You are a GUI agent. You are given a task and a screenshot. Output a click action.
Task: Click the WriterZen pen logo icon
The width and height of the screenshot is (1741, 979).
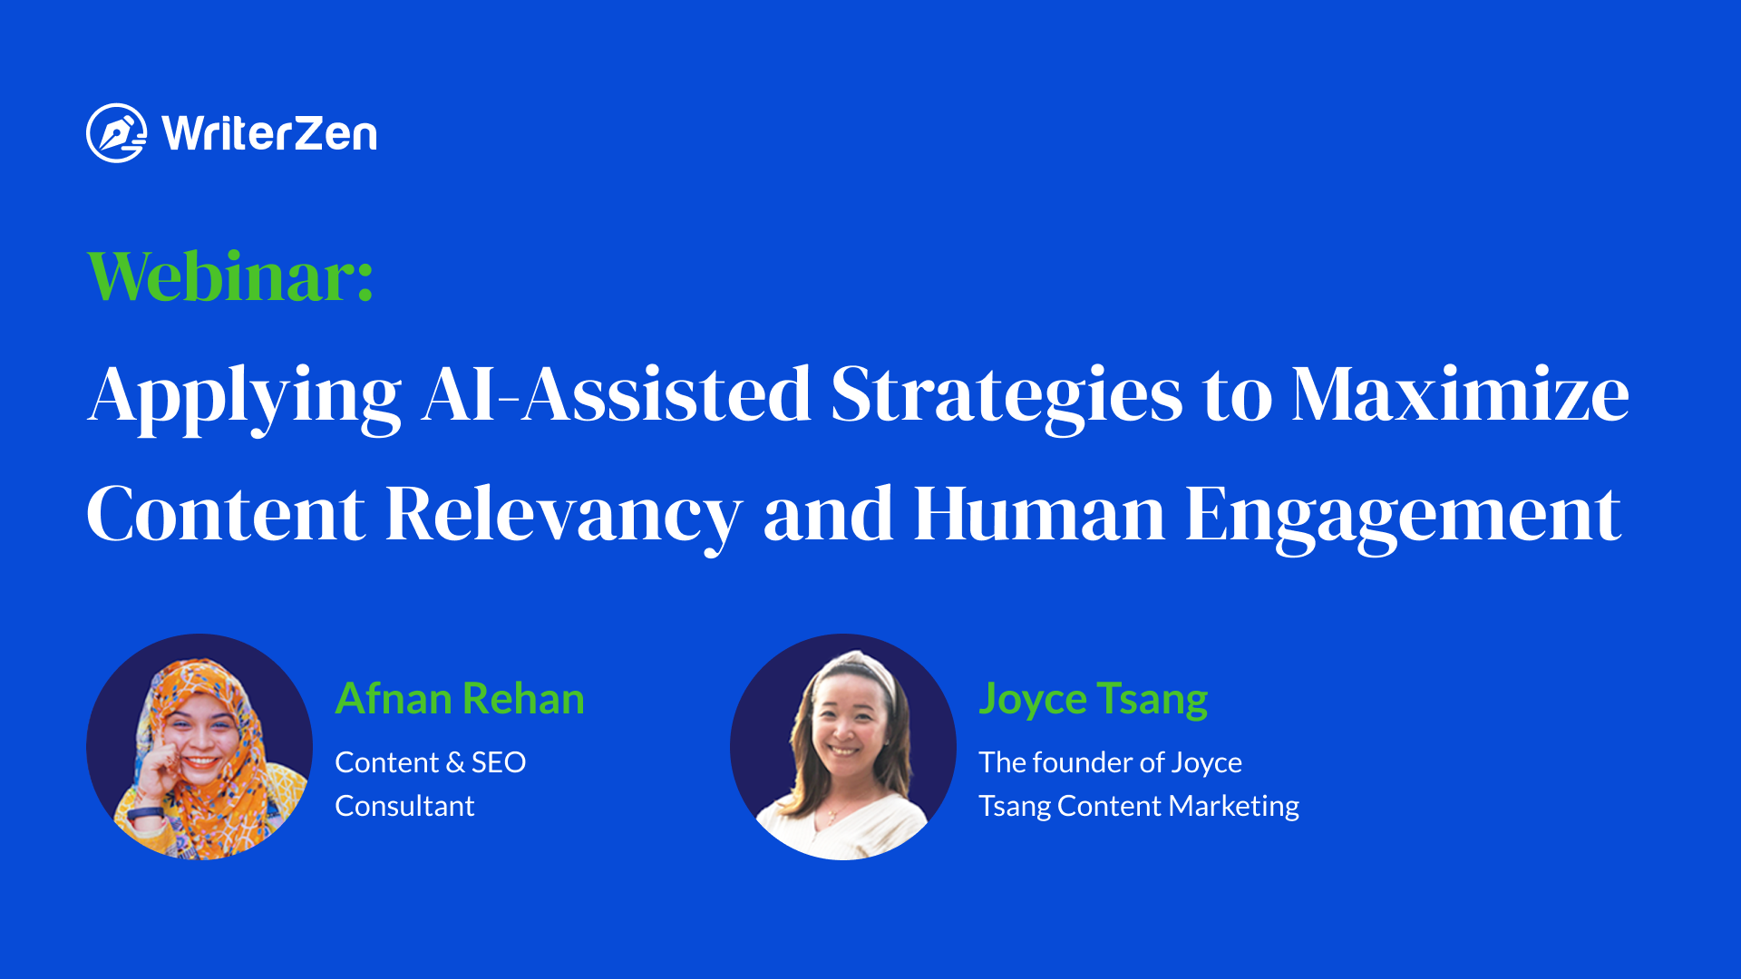click(116, 133)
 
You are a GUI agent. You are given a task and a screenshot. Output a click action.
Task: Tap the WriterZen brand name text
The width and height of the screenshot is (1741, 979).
click(269, 134)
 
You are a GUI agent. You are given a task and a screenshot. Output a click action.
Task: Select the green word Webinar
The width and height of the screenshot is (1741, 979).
click(230, 276)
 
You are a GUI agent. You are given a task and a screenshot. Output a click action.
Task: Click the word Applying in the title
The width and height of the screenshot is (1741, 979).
click(245, 398)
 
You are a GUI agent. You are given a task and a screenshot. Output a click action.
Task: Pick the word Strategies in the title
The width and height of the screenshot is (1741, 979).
click(1007, 398)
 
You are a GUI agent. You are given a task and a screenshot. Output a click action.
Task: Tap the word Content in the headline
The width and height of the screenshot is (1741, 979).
click(226, 514)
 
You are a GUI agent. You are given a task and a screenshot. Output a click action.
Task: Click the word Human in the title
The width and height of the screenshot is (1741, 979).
click(1039, 514)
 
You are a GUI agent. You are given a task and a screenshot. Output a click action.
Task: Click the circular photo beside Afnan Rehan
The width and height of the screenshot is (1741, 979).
click(199, 747)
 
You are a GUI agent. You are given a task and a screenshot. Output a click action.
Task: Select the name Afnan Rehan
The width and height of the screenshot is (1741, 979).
click(460, 699)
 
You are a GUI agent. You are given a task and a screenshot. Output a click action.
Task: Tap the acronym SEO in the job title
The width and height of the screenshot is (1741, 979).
click(499, 762)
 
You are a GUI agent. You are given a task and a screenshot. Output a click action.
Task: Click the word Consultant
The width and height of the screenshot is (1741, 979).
click(404, 806)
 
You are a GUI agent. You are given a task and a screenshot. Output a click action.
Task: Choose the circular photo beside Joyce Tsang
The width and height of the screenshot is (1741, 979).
click(843, 747)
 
